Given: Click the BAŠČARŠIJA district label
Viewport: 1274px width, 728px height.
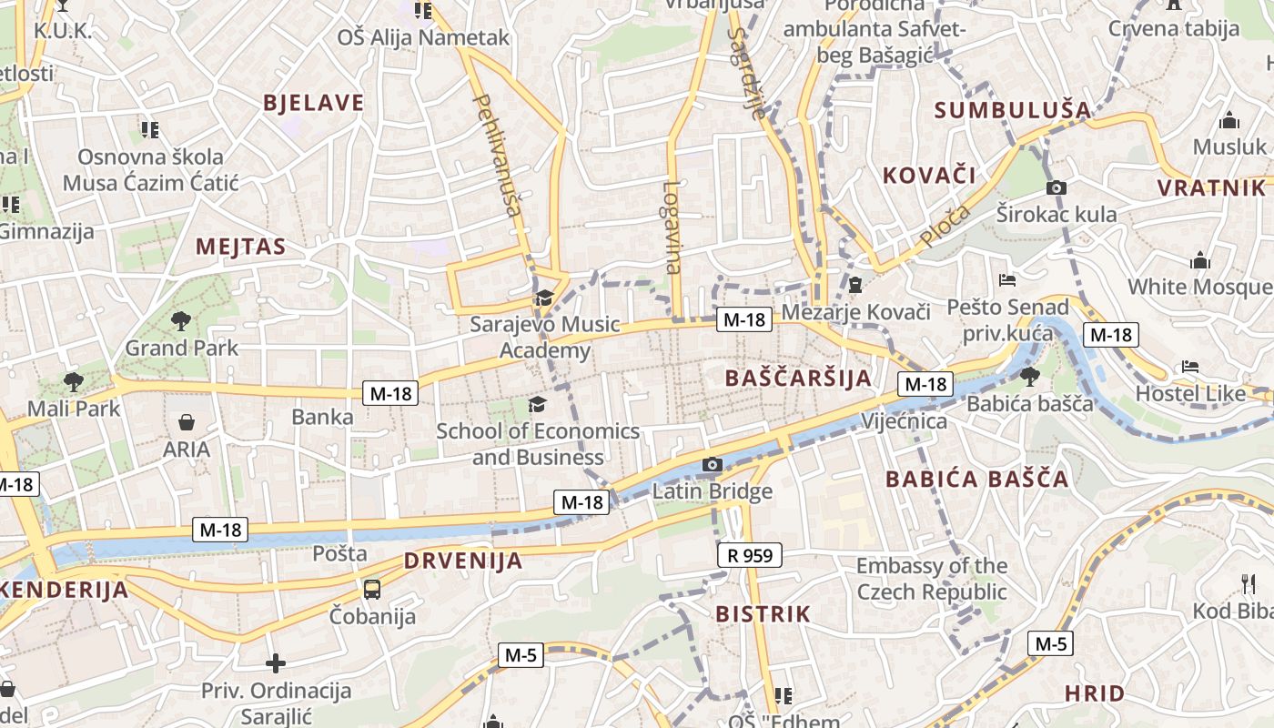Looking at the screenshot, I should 798,378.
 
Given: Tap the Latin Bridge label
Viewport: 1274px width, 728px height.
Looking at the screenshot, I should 713,491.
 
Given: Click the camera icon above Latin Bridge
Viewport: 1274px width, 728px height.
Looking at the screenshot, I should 713,465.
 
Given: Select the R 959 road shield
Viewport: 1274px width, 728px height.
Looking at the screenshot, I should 750,554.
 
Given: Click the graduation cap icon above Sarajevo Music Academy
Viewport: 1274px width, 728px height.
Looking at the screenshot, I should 544,298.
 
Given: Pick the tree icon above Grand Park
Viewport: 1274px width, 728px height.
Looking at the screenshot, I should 180,320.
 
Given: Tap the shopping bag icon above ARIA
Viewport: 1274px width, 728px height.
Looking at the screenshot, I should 187,422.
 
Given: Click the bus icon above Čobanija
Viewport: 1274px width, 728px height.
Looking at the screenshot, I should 372,589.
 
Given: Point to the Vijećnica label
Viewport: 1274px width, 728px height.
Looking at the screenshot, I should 904,421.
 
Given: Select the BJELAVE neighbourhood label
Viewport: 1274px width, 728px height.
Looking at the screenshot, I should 313,103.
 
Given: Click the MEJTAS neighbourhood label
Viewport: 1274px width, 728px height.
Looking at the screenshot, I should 240,247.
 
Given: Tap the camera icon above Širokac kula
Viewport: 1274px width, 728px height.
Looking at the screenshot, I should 1056,188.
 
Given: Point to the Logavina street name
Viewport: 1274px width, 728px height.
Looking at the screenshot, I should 672,227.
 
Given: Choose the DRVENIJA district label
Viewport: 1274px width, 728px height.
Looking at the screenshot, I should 463,561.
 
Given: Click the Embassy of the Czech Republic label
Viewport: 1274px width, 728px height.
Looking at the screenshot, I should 932,579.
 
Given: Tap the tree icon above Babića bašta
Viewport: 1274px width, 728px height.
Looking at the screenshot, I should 1030,377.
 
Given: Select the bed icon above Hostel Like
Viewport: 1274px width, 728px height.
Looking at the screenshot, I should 1190,367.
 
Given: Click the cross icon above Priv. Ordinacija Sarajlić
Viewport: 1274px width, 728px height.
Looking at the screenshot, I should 276,663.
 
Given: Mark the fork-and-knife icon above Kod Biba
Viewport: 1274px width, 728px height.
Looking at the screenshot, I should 1248,583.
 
